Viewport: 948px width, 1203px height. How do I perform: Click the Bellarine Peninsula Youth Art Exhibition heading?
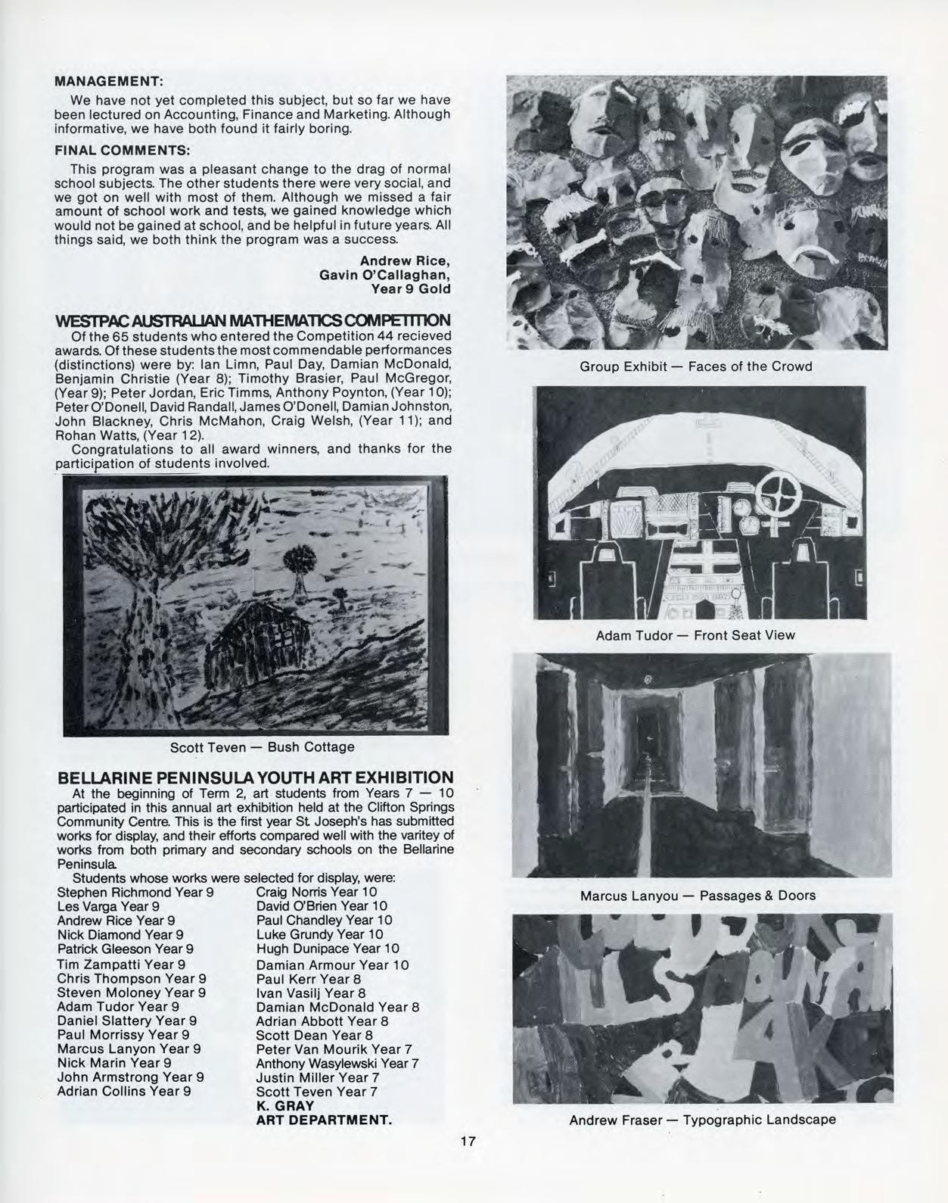click(255, 778)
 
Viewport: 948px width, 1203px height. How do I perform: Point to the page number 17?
click(468, 1141)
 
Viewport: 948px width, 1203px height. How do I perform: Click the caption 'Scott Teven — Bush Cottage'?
click(262, 747)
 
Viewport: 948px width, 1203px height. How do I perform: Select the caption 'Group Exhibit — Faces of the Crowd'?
click(695, 366)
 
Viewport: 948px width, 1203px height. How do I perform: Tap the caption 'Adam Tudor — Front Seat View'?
click(695, 635)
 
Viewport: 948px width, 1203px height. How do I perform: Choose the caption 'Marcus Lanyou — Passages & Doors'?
click(697, 896)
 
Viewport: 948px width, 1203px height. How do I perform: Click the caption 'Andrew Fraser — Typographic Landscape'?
click(702, 1119)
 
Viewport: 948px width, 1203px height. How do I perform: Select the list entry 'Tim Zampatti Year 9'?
click(121, 964)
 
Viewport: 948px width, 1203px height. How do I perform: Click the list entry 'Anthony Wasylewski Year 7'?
click(337, 1063)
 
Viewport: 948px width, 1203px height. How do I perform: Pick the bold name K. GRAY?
click(284, 1105)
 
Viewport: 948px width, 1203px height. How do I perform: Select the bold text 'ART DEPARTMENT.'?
click(324, 1120)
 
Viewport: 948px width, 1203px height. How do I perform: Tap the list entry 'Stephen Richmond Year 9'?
click(135, 892)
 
